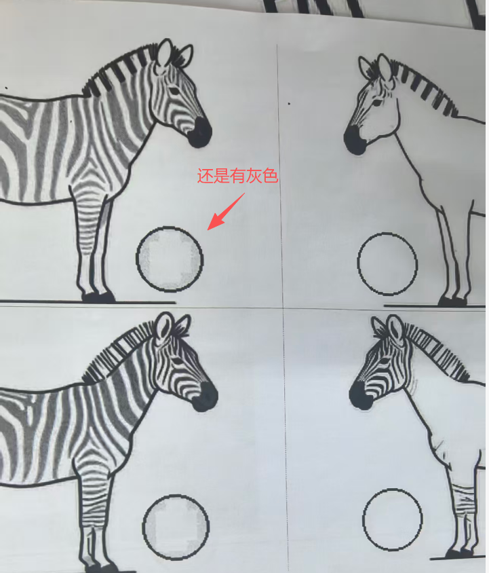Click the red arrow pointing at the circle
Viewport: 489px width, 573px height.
[226, 212]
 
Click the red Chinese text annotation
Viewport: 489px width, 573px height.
[238, 176]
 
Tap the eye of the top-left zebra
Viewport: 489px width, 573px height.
[174, 90]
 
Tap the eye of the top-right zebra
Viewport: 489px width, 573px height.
[376, 102]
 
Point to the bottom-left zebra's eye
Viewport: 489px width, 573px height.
[178, 361]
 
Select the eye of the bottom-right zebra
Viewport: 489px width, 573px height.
[384, 362]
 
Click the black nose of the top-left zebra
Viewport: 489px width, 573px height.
[200, 132]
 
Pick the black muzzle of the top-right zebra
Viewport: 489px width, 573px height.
[354, 140]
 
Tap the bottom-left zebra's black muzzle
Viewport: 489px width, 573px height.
[206, 396]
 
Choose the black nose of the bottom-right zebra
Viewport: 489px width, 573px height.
[360, 395]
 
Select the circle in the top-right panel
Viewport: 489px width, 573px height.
[357, 264]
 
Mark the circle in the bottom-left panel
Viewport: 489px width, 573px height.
[142, 527]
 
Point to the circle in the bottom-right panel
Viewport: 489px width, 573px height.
[363, 519]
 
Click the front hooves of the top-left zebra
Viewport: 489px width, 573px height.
[98, 297]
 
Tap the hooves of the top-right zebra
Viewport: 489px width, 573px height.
[453, 301]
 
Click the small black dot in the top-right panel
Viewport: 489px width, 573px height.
[289, 104]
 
